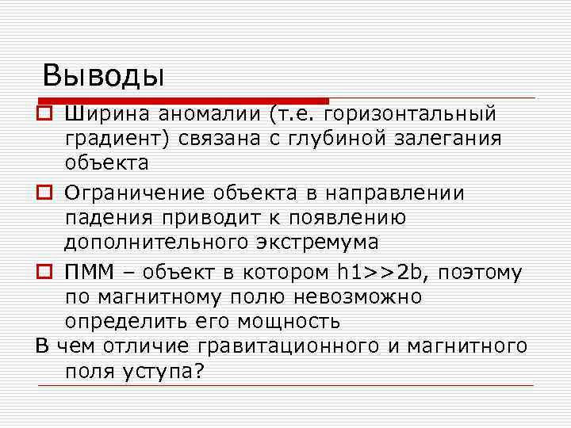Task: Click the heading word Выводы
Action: coord(103,75)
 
